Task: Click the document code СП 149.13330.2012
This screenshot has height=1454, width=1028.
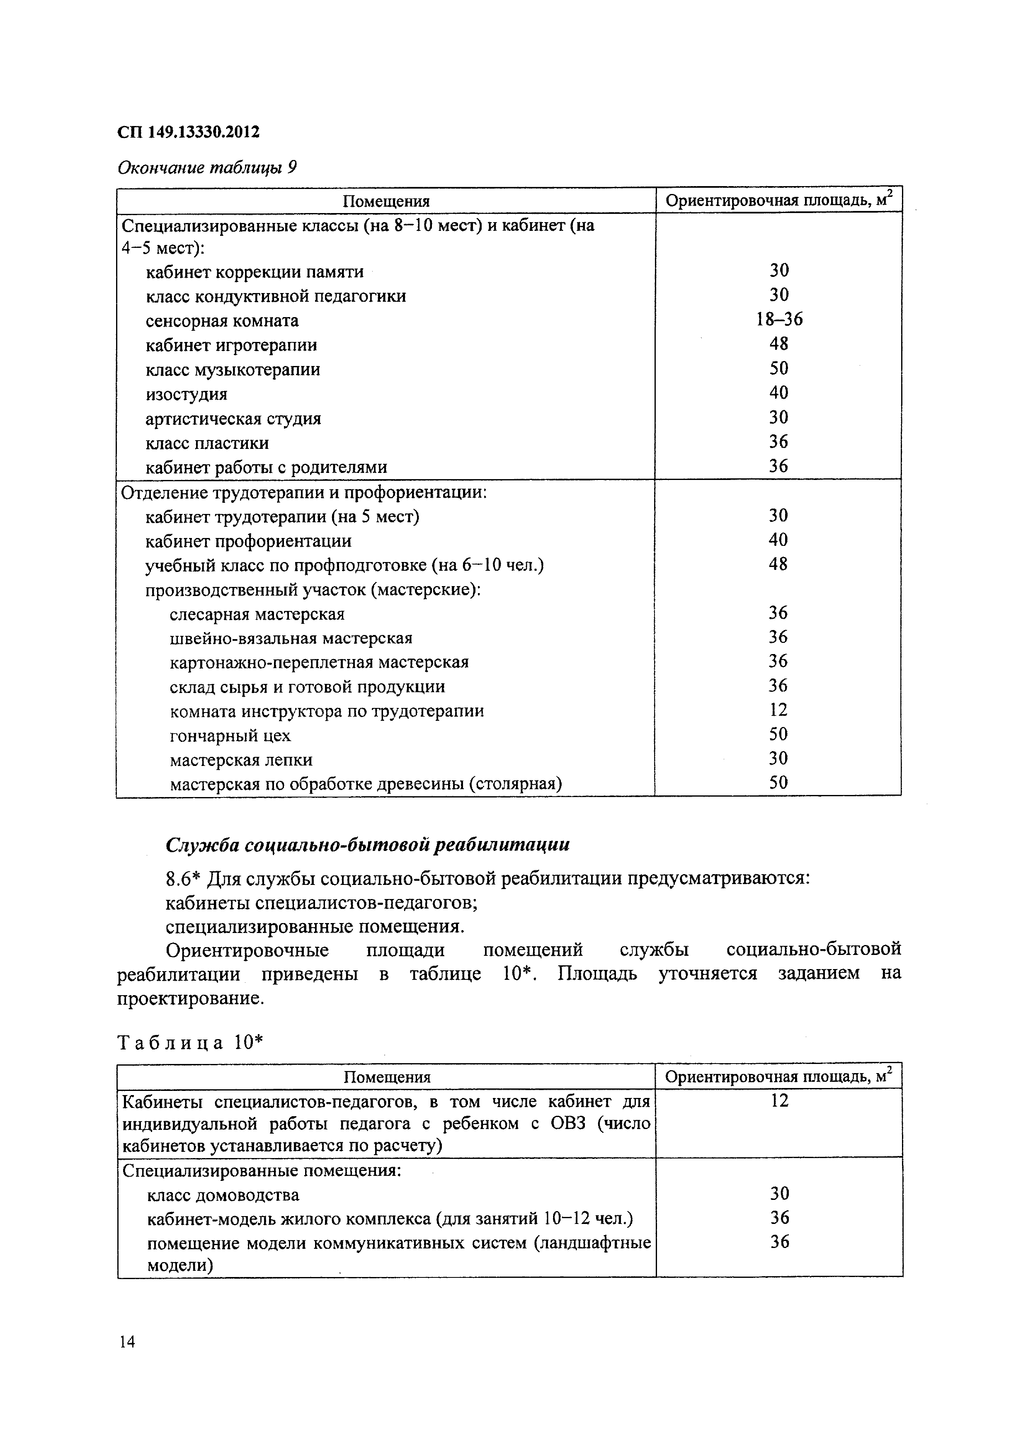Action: (188, 132)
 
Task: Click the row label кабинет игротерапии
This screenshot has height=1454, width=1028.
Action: (231, 345)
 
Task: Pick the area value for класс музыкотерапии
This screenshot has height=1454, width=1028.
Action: (778, 368)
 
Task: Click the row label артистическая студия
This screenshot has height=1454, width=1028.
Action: (233, 419)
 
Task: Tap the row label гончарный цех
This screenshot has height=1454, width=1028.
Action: (230, 735)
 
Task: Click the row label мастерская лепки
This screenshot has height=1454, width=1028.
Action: (241, 759)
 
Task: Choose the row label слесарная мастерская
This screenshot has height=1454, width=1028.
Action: (257, 614)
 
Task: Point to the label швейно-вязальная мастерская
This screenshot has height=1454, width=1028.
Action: (291, 638)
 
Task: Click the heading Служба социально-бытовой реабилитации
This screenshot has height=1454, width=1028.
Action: (367, 844)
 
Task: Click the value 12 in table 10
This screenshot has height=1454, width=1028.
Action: (779, 1100)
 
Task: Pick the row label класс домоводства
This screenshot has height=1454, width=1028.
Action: (223, 1195)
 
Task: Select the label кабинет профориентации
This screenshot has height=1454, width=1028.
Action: (248, 541)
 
